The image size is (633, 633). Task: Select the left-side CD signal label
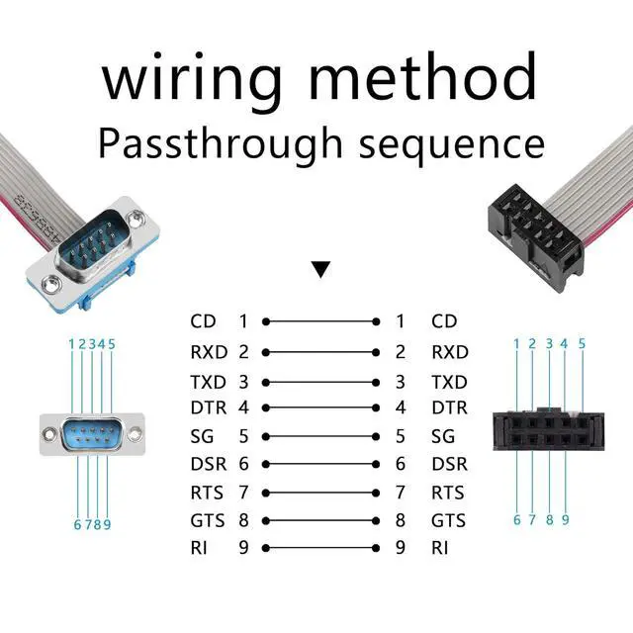point(203,321)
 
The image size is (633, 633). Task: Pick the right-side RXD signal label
point(450,351)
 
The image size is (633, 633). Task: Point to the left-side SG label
point(201,435)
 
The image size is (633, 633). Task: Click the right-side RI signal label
point(440,547)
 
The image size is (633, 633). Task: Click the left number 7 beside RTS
point(242,492)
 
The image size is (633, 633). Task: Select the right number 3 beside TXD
point(401,381)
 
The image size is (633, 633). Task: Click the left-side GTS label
point(207,519)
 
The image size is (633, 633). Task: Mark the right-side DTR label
point(450,407)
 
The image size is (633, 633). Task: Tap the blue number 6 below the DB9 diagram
point(77,524)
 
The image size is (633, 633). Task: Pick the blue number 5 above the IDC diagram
point(582,344)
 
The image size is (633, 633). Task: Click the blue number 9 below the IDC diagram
point(566,518)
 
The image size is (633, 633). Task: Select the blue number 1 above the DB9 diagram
point(72,344)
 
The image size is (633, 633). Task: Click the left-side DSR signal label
point(208,464)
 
